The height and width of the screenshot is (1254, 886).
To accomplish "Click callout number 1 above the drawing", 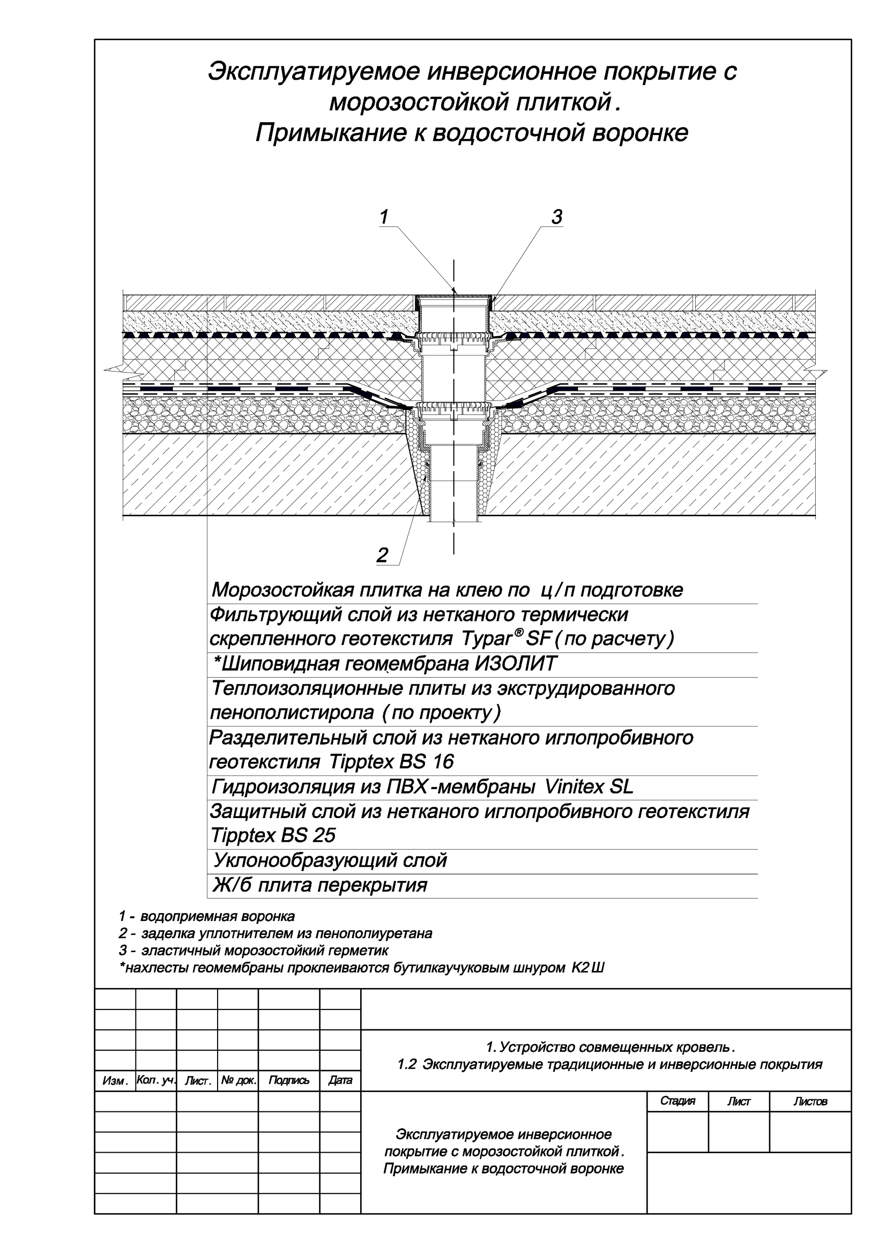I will pyautogui.click(x=384, y=217).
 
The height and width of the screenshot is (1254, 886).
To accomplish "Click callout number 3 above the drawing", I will pyautogui.click(x=556, y=217).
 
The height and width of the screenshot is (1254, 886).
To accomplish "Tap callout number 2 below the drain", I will pyautogui.click(x=382, y=555).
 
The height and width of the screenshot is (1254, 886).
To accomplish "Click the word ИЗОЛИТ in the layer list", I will pyautogui.click(x=515, y=664).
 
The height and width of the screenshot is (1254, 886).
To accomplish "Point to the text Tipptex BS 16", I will pyautogui.click(x=391, y=762).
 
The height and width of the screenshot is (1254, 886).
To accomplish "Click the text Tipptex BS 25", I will pyautogui.click(x=273, y=836).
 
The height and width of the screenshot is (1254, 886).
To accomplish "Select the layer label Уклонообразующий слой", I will pyautogui.click(x=330, y=861).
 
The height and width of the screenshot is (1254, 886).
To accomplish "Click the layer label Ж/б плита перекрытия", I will pyautogui.click(x=320, y=885).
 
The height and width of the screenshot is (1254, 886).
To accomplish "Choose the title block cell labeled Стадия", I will pyautogui.click(x=677, y=1101).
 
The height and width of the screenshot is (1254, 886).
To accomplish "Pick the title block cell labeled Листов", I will pyautogui.click(x=810, y=1102).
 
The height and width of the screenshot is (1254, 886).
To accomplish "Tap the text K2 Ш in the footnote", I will pyautogui.click(x=588, y=968).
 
